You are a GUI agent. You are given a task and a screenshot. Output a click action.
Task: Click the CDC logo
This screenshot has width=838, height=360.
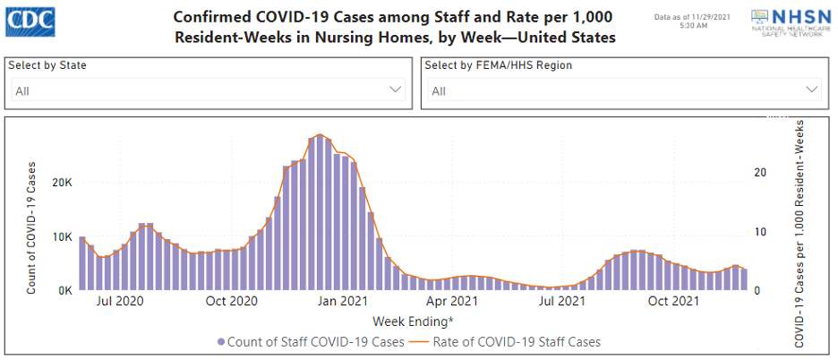(x=29, y=21)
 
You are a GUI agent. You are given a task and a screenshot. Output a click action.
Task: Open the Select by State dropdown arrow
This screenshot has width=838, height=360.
(x=396, y=90)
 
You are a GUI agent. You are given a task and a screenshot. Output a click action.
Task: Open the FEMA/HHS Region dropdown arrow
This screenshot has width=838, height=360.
(x=812, y=90)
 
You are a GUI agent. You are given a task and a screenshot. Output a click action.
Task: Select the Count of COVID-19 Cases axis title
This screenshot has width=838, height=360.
(x=31, y=227)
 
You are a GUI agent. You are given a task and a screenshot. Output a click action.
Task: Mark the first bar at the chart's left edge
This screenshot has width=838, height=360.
(x=82, y=263)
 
